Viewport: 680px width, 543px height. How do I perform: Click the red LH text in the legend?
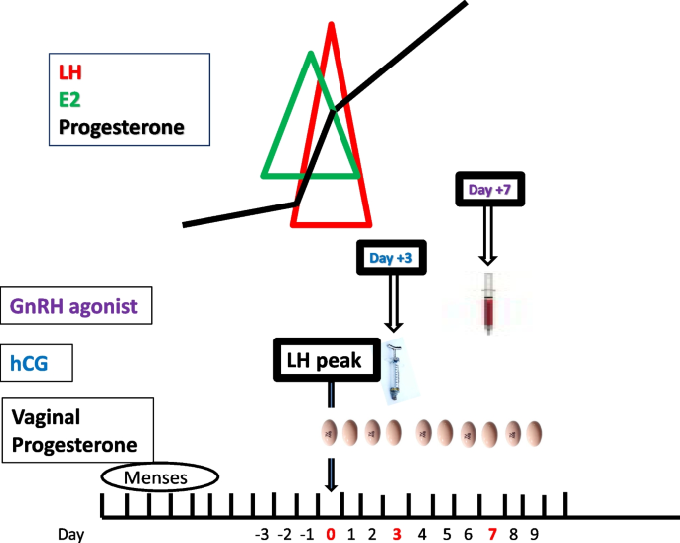coord(70,71)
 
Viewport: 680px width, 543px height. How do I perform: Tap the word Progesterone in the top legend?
coord(120,127)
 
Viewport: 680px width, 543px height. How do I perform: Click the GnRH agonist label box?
coord(76,304)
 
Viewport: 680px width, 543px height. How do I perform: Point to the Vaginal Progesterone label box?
coord(77,430)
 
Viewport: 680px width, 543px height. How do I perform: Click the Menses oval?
coord(159,477)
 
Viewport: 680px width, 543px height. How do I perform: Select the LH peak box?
coord(327,358)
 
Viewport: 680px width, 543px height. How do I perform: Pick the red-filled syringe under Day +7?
coord(487,303)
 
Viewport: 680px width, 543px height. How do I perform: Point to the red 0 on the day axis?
coord(331,534)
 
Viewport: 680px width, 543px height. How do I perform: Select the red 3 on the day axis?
coord(396,534)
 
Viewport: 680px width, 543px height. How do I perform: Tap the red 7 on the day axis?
coord(491,534)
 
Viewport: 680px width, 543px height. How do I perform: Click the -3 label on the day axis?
coord(263,534)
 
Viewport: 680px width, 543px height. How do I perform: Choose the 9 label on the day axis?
coord(533,534)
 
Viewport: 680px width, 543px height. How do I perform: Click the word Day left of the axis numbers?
coord(70,534)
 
